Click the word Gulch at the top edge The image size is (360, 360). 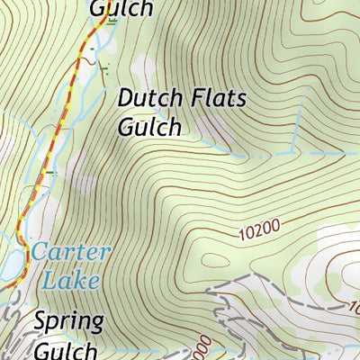(121, 8)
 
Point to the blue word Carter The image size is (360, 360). (71, 252)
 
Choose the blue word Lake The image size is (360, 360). (70, 280)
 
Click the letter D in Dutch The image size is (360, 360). (126, 98)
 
